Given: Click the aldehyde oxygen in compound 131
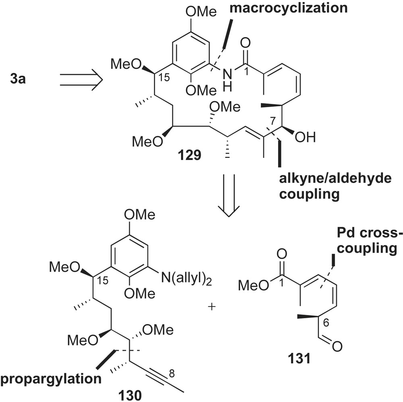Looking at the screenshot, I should pos(338,345).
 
